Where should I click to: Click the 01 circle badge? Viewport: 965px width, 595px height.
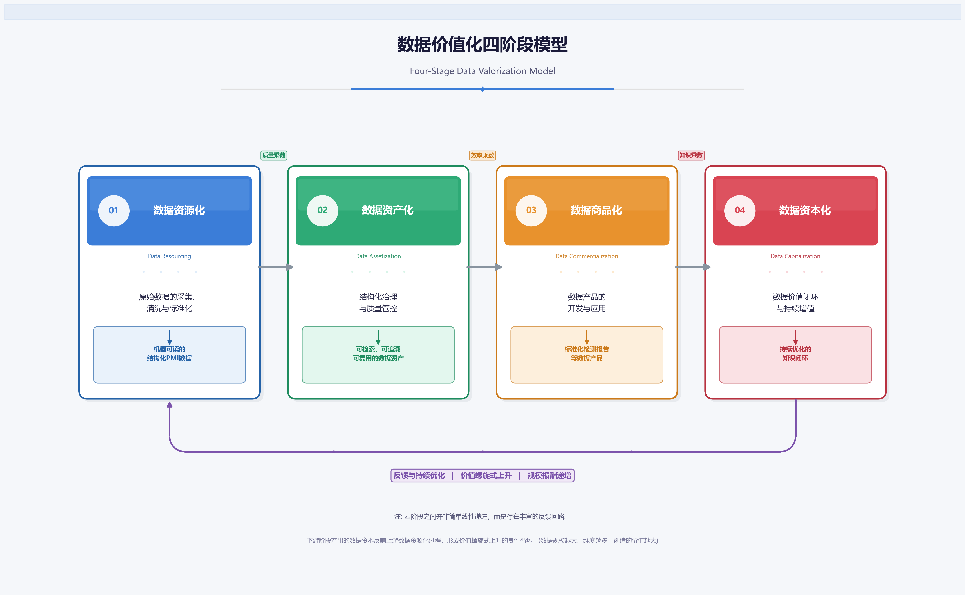[114, 211]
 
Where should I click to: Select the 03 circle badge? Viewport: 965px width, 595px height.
[531, 211]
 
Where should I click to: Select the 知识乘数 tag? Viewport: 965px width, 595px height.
[691, 155]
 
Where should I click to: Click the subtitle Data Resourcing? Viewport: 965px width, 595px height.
[169, 256]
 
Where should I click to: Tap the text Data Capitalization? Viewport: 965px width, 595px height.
[795, 256]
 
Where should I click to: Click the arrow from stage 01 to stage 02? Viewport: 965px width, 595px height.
[276, 267]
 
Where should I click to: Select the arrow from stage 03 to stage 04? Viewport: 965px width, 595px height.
[693, 267]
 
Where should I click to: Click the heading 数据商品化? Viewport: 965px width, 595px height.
[596, 211]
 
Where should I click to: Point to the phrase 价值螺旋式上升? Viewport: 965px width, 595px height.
[486, 475]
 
